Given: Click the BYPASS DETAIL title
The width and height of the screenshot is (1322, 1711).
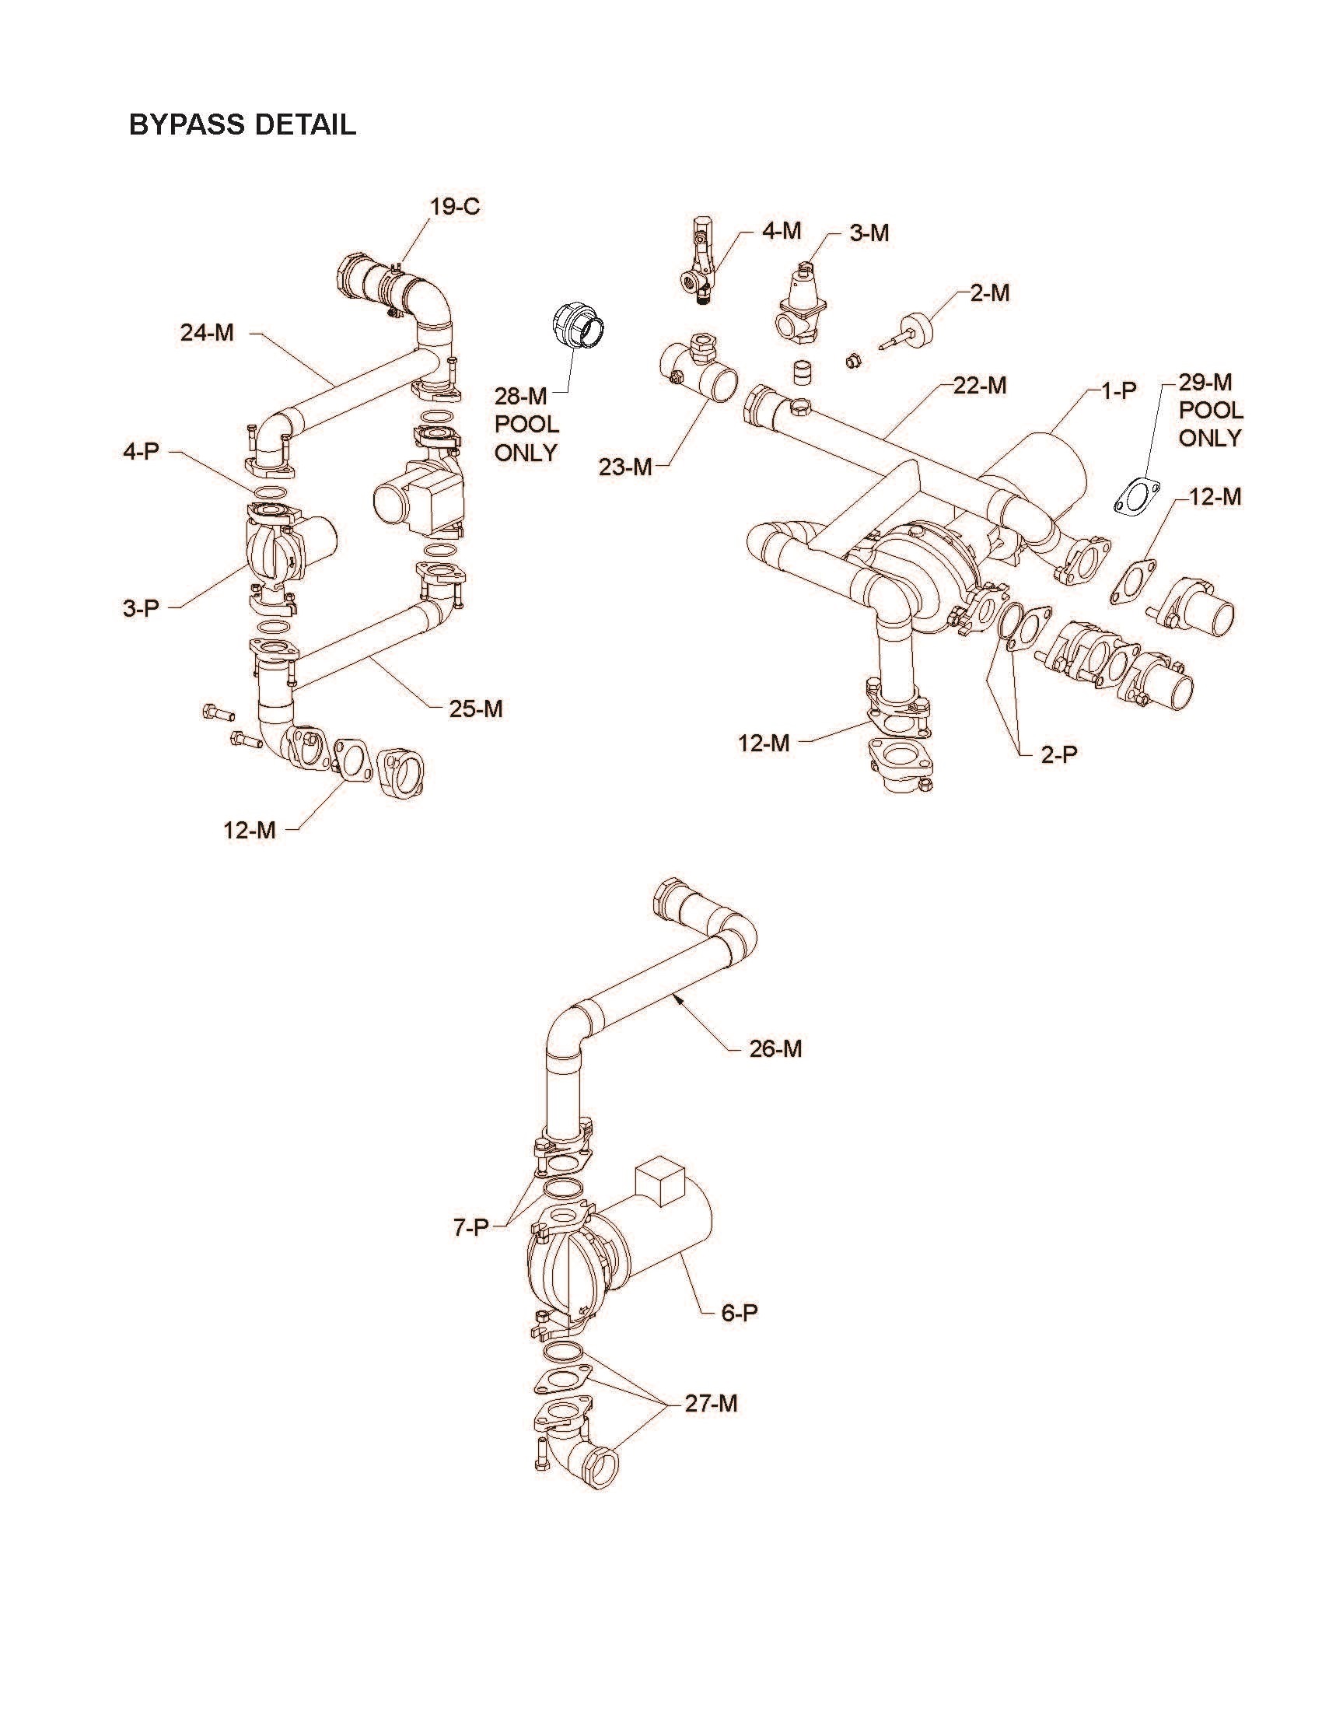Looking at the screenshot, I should [243, 124].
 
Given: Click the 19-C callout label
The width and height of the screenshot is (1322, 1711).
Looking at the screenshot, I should [454, 207].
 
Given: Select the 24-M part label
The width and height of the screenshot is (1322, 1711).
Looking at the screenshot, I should [207, 333].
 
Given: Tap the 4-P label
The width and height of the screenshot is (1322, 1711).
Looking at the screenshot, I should [141, 452].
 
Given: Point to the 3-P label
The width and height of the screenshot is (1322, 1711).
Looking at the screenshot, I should [141, 608].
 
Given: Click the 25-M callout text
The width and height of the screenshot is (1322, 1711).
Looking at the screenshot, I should [475, 709].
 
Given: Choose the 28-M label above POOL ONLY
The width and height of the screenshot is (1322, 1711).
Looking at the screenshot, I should [520, 397].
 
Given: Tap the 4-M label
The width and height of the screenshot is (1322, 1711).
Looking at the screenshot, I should [782, 230].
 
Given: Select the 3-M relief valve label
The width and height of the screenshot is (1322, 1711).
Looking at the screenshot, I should [869, 233].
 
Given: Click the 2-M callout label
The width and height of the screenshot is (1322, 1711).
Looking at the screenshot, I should [990, 293].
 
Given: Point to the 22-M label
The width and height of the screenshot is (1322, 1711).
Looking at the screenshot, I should [980, 386].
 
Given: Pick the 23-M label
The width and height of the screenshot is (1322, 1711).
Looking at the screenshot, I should [625, 467].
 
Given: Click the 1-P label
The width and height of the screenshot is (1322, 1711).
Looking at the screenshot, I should [1118, 391].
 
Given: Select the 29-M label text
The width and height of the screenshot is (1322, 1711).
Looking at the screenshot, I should [1205, 383].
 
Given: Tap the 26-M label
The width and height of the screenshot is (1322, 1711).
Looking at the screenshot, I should [775, 1049].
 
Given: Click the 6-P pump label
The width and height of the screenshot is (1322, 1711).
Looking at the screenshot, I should [740, 1313].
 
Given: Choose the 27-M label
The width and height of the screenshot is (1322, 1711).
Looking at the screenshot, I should [711, 1404].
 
